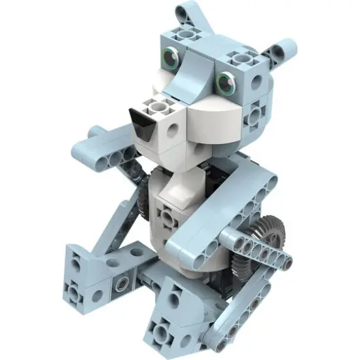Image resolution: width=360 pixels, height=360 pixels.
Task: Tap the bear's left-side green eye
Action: click(171, 60)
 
